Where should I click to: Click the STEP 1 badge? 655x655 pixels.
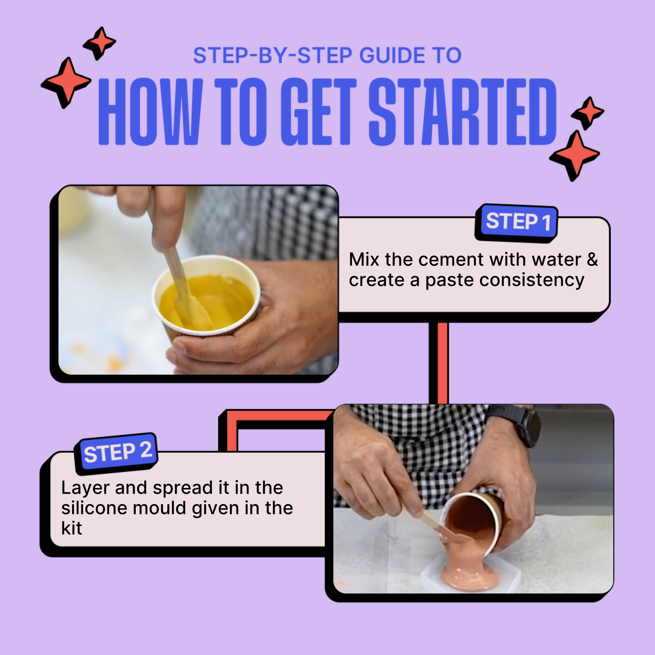click(x=517, y=222)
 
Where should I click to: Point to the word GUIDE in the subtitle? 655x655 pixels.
click(x=392, y=56)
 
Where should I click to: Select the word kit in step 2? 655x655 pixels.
click(x=72, y=528)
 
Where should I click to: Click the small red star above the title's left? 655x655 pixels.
click(x=100, y=43)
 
